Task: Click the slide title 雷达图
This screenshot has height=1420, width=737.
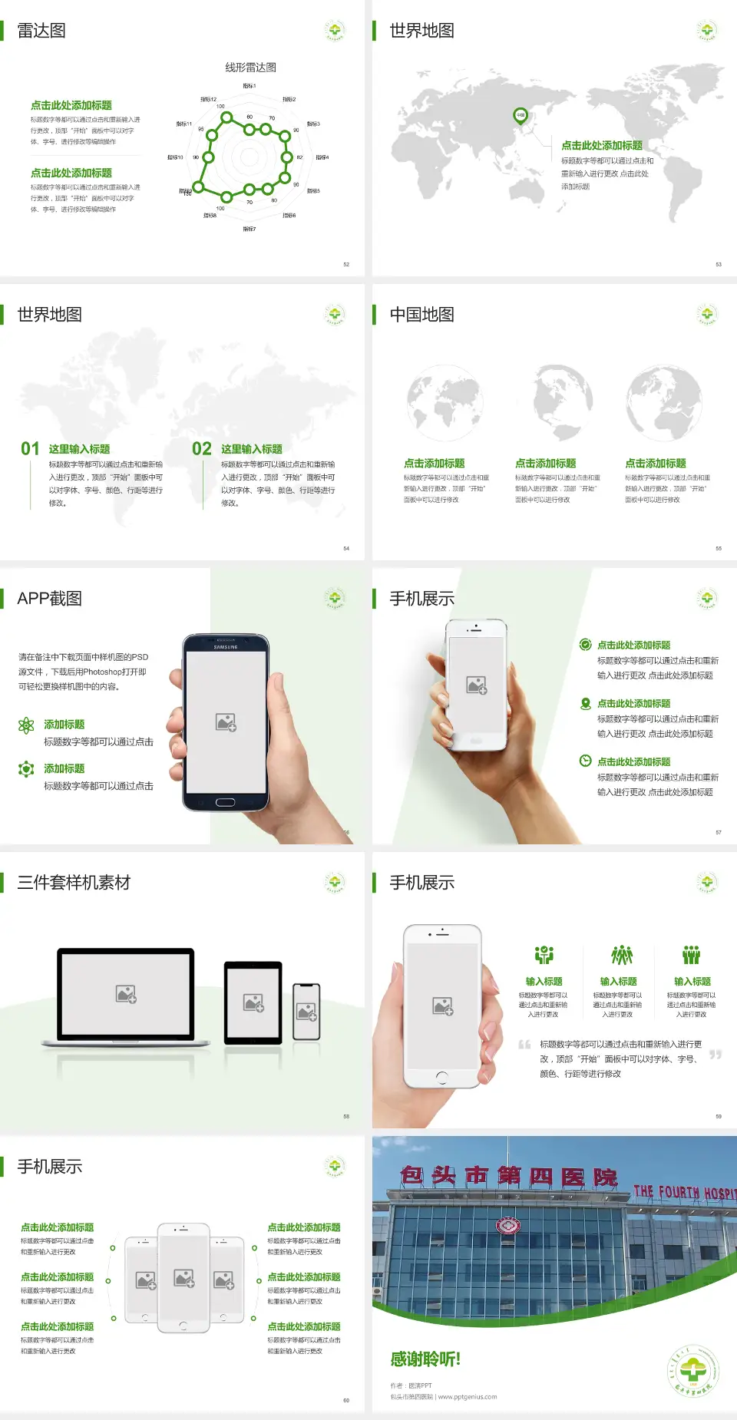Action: tap(41, 31)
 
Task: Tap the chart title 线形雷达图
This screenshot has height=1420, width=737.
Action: tap(250, 68)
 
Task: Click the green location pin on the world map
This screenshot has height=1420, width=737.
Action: tap(520, 116)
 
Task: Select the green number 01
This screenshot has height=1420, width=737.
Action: tap(30, 449)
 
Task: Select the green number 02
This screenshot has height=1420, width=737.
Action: tap(202, 449)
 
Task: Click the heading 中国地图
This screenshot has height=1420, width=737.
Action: tap(421, 315)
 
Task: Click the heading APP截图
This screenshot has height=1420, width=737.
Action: tap(49, 599)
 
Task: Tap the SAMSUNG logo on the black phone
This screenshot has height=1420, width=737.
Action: tap(226, 647)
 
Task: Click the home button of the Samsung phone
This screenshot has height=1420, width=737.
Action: tap(225, 802)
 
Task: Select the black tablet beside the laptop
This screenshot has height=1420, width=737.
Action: tap(253, 1002)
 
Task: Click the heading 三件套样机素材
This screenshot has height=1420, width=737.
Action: tap(74, 883)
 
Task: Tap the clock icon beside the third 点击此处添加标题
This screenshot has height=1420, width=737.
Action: tap(585, 761)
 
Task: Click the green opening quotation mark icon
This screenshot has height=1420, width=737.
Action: tap(524, 1045)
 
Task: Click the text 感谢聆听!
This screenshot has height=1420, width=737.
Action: tap(425, 1359)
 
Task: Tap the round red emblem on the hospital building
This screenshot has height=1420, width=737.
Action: tap(507, 1227)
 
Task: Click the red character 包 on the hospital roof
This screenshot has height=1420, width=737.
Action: tap(412, 1176)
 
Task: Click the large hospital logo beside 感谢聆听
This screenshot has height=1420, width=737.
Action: tap(692, 1371)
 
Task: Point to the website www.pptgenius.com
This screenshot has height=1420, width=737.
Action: tap(468, 1397)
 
